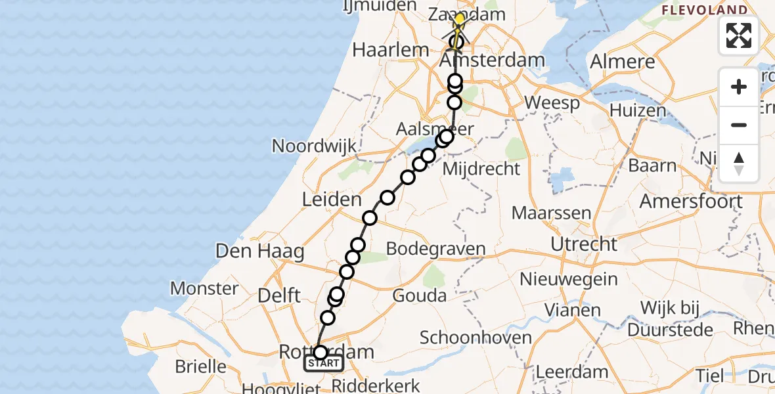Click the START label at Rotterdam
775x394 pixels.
point(324,363)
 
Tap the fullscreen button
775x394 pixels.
point(739,35)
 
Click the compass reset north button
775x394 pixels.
point(739,164)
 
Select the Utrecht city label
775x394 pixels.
point(585,244)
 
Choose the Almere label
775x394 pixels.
point(623,62)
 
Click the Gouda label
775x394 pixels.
point(420,295)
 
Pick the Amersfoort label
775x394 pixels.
point(691,201)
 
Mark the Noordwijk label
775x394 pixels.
point(314,146)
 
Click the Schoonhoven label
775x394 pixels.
point(476,338)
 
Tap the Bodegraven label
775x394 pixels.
point(436,249)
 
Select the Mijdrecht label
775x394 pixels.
point(482,169)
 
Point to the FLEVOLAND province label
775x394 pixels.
point(704,10)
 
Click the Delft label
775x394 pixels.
point(280,295)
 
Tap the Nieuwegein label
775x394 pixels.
point(569,279)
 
